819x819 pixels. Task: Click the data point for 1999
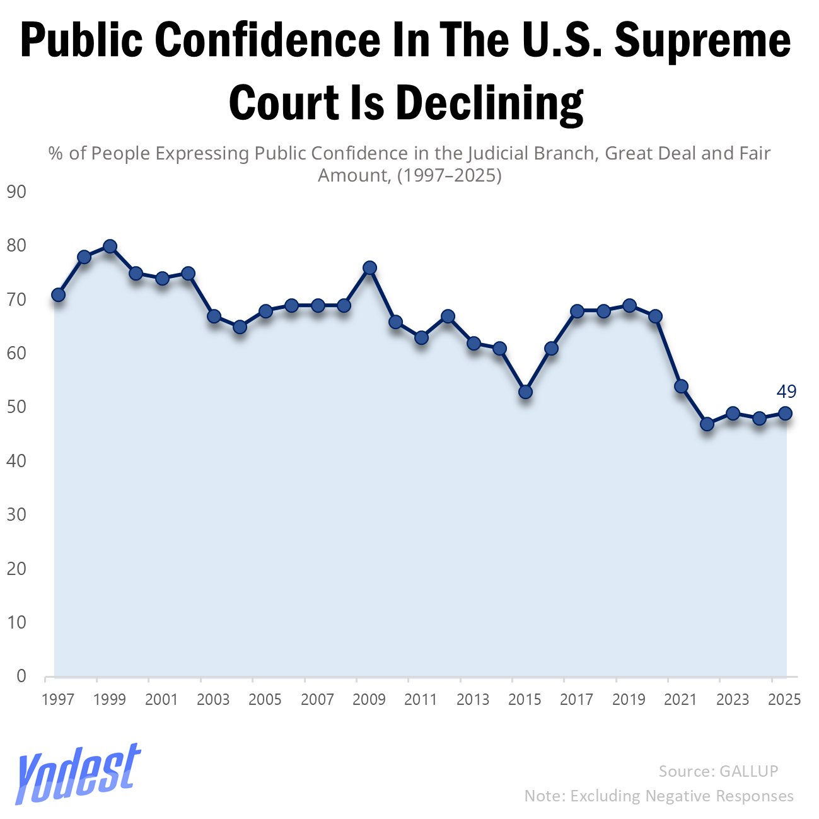(x=110, y=247)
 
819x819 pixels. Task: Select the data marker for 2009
(x=369, y=268)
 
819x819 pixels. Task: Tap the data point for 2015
(x=525, y=392)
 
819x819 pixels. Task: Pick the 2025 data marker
(x=785, y=414)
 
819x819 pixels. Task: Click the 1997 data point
(x=58, y=295)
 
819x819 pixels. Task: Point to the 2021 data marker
(x=681, y=386)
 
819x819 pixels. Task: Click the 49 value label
(x=786, y=392)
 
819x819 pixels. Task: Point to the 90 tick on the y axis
(x=16, y=192)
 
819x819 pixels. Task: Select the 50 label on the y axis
(x=16, y=407)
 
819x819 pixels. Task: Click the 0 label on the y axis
(x=21, y=677)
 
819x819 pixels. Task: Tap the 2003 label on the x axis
(x=213, y=700)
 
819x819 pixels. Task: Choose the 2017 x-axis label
(x=576, y=700)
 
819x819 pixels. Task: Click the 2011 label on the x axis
(x=421, y=700)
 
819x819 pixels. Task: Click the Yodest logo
(x=78, y=772)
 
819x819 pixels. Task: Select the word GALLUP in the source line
(x=749, y=771)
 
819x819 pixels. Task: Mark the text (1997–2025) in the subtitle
(x=449, y=175)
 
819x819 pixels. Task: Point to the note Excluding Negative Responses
(x=682, y=796)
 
